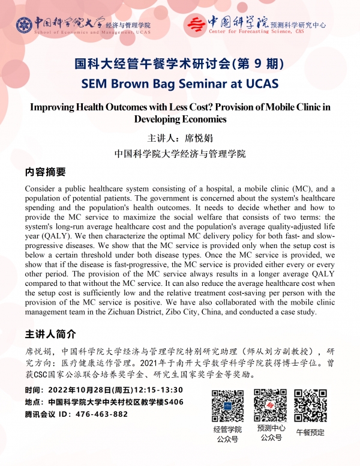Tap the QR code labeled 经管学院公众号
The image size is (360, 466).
click(227, 406)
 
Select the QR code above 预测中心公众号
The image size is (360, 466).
click(269, 405)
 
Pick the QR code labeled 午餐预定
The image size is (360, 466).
click(310, 405)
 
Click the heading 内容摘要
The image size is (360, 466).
click(46, 172)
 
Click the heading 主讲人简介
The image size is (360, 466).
click(50, 334)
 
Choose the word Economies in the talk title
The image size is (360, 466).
click(204, 119)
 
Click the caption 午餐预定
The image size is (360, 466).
click(310, 432)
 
